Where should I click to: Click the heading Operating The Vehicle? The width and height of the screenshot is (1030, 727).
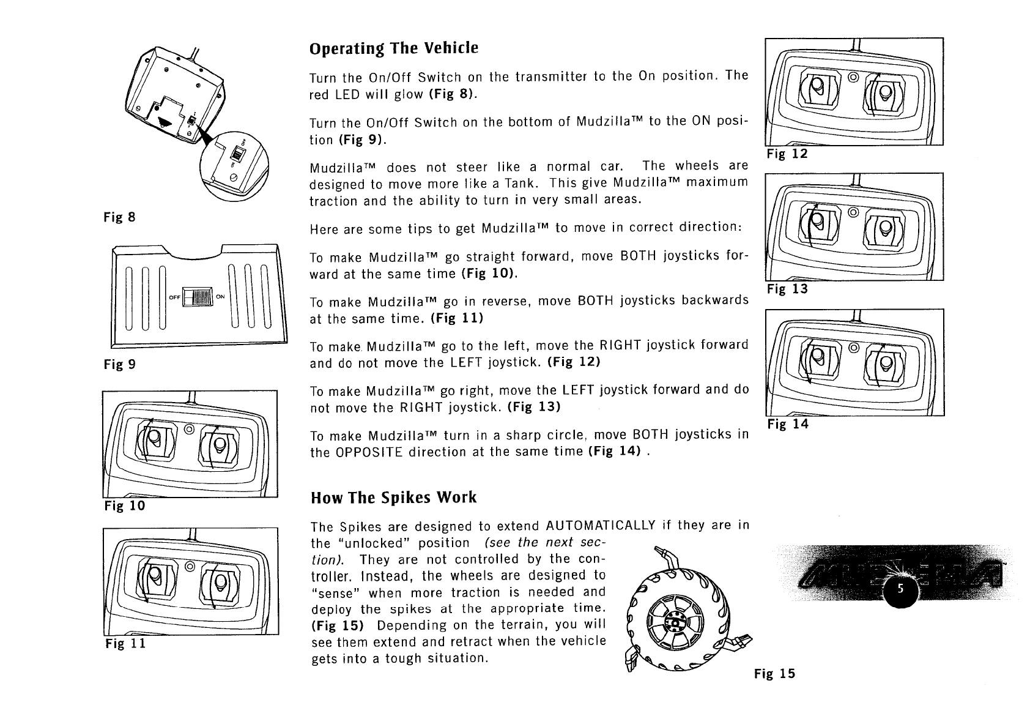point(393,48)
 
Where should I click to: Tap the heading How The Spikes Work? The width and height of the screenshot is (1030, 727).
point(393,498)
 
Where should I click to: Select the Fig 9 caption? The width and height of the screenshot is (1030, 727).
point(119,365)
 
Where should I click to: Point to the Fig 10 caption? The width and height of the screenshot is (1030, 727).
point(125,505)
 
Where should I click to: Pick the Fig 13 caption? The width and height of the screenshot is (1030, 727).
point(788,289)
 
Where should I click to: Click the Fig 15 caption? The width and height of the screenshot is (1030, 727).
point(775,674)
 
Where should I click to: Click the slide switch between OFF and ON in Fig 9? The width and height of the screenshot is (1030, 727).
point(198,297)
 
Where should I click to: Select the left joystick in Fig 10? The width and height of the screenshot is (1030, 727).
point(155,442)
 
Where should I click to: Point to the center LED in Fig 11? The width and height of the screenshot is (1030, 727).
point(189,566)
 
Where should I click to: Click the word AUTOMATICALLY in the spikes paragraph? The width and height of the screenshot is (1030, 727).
point(600,526)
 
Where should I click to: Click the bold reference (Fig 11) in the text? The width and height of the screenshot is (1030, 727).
point(457,318)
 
